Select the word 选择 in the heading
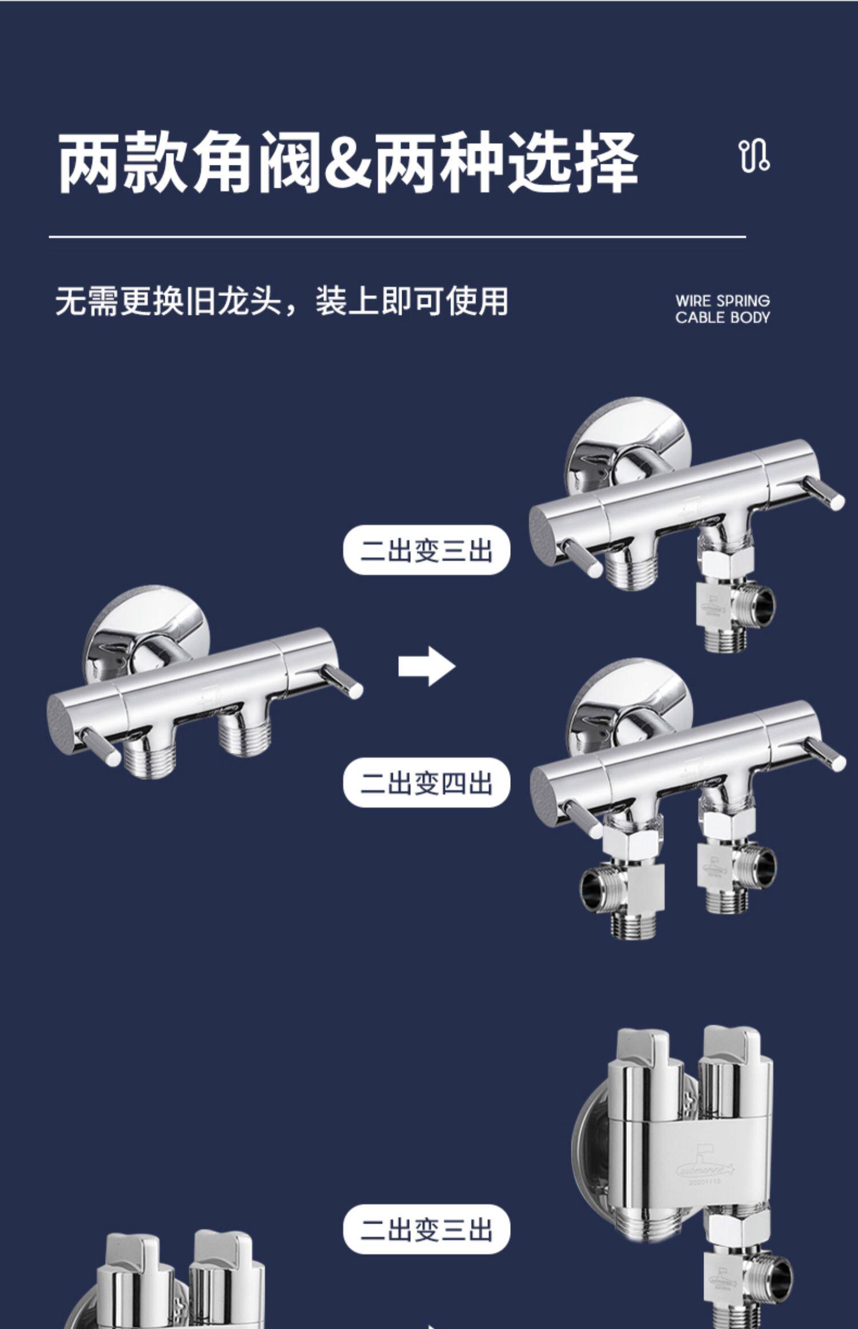tap(573, 162)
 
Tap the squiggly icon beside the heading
tap(755, 156)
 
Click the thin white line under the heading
tap(397, 236)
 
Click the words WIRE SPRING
tap(722, 301)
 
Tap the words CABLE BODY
tap(722, 318)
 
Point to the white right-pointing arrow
tap(426, 666)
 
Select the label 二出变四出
tap(426, 783)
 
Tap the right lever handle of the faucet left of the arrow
tap(342, 681)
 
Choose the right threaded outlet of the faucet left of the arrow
tap(243, 738)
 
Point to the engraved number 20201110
tap(705, 1181)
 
